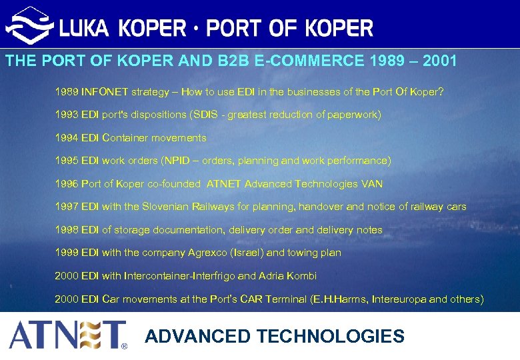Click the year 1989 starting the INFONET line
pos(66,91)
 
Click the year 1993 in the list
pos(66,115)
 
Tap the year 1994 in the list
pos(66,138)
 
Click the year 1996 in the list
pos(66,184)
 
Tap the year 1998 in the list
pos(66,230)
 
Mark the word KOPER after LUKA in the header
pos(152,28)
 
